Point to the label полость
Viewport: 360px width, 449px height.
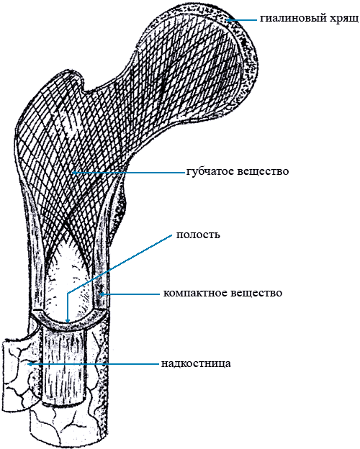pyautogui.click(x=198, y=235)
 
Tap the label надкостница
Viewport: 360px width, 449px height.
pyautogui.click(x=196, y=363)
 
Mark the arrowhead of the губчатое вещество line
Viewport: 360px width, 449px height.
pyautogui.click(x=73, y=173)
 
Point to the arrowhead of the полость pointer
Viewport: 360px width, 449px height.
pyautogui.click(x=68, y=321)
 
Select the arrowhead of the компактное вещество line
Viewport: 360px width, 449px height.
pyautogui.click(x=101, y=294)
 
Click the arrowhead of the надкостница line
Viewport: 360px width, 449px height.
pyautogui.click(x=29, y=364)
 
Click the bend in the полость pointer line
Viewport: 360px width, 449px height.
pyautogui.click(x=68, y=294)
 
